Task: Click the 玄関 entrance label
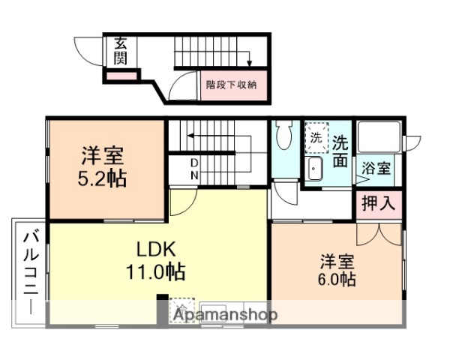pyautogui.click(x=121, y=51)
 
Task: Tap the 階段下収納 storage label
pyautogui.click(x=232, y=85)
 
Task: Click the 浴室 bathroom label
pyautogui.click(x=377, y=168)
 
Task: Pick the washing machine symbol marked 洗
pyautogui.click(x=316, y=138)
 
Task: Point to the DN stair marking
pyautogui.click(x=194, y=169)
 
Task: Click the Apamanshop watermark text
pyautogui.click(x=225, y=315)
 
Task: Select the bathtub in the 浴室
pyautogui.click(x=378, y=137)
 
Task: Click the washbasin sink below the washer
pyautogui.click(x=315, y=169)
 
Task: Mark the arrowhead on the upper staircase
pyautogui.click(x=250, y=63)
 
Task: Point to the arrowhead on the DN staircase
pyautogui.click(x=190, y=136)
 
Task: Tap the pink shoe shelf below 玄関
pyautogui.click(x=120, y=76)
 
